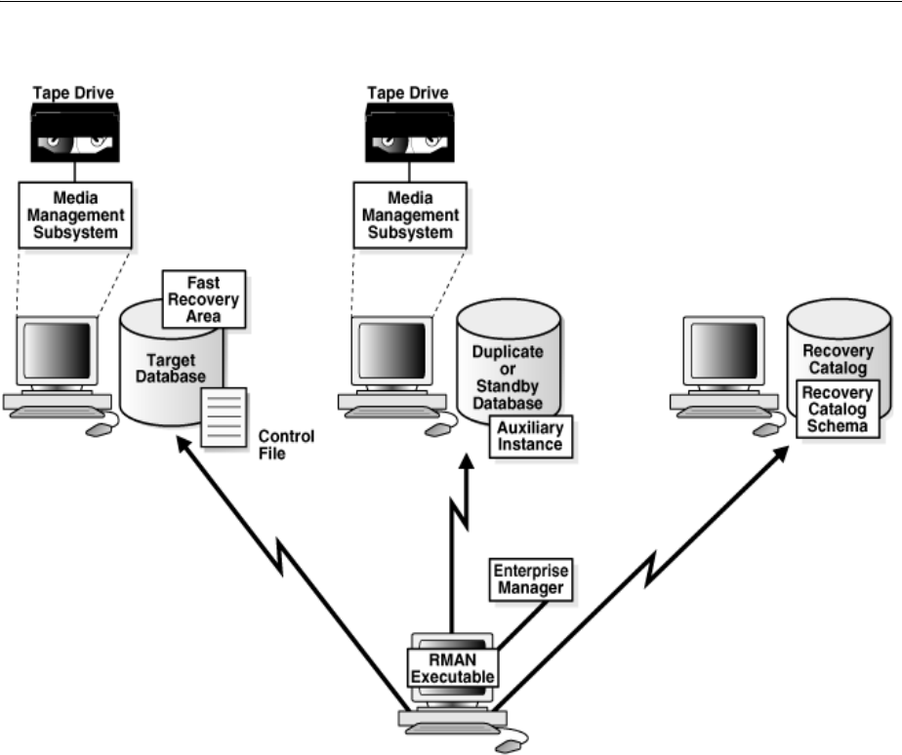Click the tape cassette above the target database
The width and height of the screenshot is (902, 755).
[73, 136]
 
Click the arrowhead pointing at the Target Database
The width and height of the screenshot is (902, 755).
[184, 445]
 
